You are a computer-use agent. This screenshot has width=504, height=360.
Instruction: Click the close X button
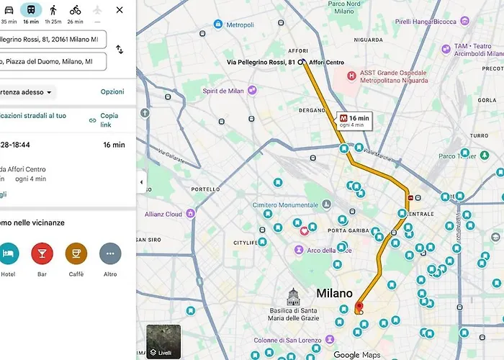[120, 10]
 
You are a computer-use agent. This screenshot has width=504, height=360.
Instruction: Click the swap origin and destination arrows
[120, 50]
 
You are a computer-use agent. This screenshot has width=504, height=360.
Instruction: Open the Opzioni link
[112, 92]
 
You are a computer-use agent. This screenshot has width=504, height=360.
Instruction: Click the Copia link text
[108, 120]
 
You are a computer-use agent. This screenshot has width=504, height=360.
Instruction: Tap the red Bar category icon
[42, 253]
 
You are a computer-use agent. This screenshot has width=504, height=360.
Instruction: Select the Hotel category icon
[8, 253]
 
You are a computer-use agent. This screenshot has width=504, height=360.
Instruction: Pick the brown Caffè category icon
[76, 253]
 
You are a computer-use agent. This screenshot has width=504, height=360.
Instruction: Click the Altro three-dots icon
[109, 253]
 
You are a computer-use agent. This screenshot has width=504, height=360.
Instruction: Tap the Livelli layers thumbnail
[163, 341]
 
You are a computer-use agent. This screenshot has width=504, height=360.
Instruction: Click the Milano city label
[335, 294]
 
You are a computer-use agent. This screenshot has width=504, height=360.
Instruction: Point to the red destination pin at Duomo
[359, 308]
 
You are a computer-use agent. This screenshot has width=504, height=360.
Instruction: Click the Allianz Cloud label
[163, 214]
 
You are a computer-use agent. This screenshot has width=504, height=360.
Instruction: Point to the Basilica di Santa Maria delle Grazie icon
[293, 296]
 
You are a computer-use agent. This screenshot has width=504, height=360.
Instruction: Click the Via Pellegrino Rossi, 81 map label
[261, 63]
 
